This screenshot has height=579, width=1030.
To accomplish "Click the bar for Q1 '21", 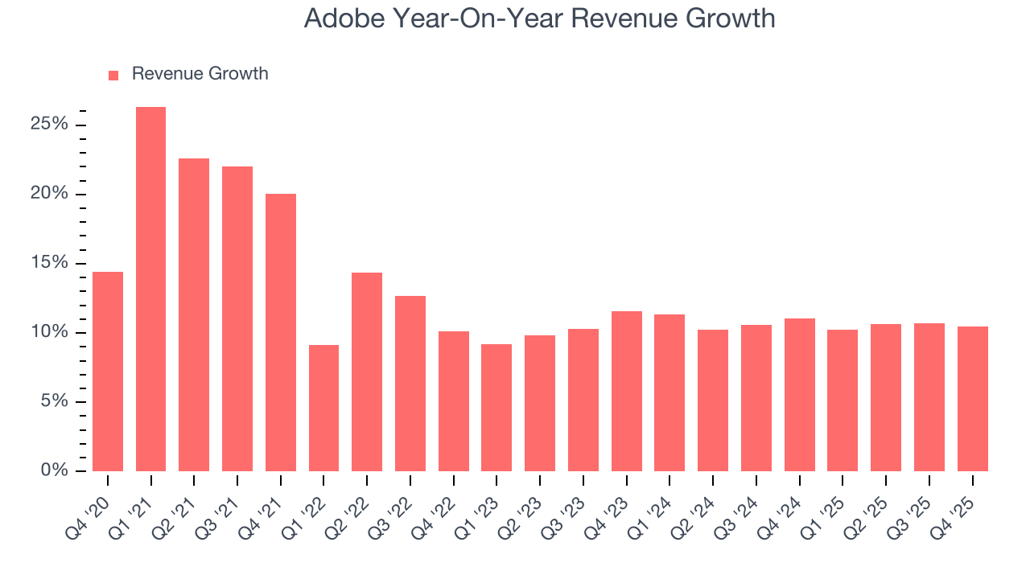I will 150,289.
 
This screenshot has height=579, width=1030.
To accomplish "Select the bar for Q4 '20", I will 108,372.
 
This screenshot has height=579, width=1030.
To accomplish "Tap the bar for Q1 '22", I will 323,408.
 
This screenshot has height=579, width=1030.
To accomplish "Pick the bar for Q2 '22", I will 367,372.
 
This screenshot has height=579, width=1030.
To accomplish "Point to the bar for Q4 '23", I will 626,391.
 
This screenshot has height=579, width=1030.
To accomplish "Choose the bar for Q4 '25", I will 972,399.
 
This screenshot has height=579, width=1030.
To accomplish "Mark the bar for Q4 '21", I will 281,332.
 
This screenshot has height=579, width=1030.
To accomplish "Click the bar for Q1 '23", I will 496,408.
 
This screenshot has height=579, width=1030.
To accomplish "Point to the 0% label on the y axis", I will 54,470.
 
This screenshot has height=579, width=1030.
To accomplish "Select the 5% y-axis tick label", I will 54,401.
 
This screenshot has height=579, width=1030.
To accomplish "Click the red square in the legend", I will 113,75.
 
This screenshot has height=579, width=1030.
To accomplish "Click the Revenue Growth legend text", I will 200,74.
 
